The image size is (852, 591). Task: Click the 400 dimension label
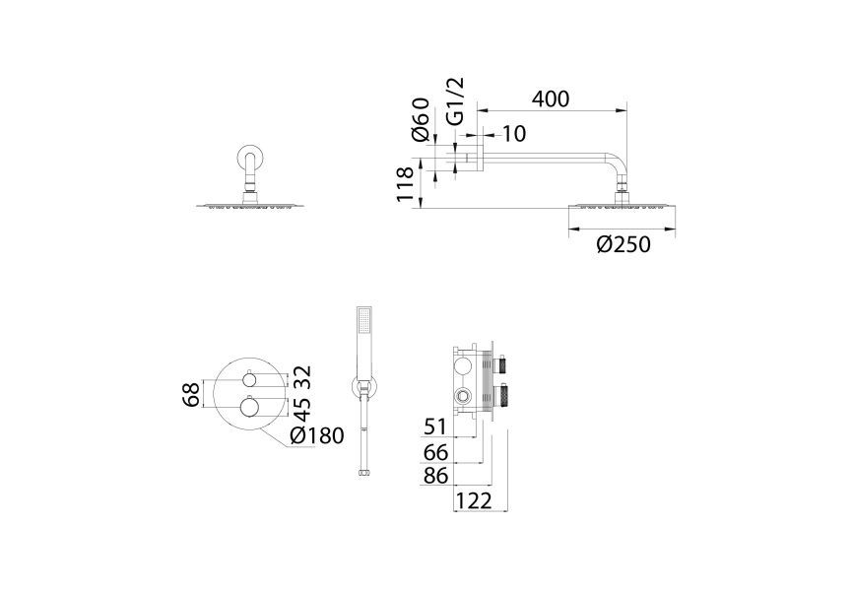(x=551, y=98)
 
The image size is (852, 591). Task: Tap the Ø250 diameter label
(x=623, y=244)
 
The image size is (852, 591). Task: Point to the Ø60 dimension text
(x=421, y=119)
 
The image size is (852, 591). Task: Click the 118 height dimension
(x=406, y=184)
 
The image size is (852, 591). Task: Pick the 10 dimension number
(x=513, y=134)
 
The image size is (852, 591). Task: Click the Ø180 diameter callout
(x=317, y=435)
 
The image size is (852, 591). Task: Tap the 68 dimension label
(x=191, y=394)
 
